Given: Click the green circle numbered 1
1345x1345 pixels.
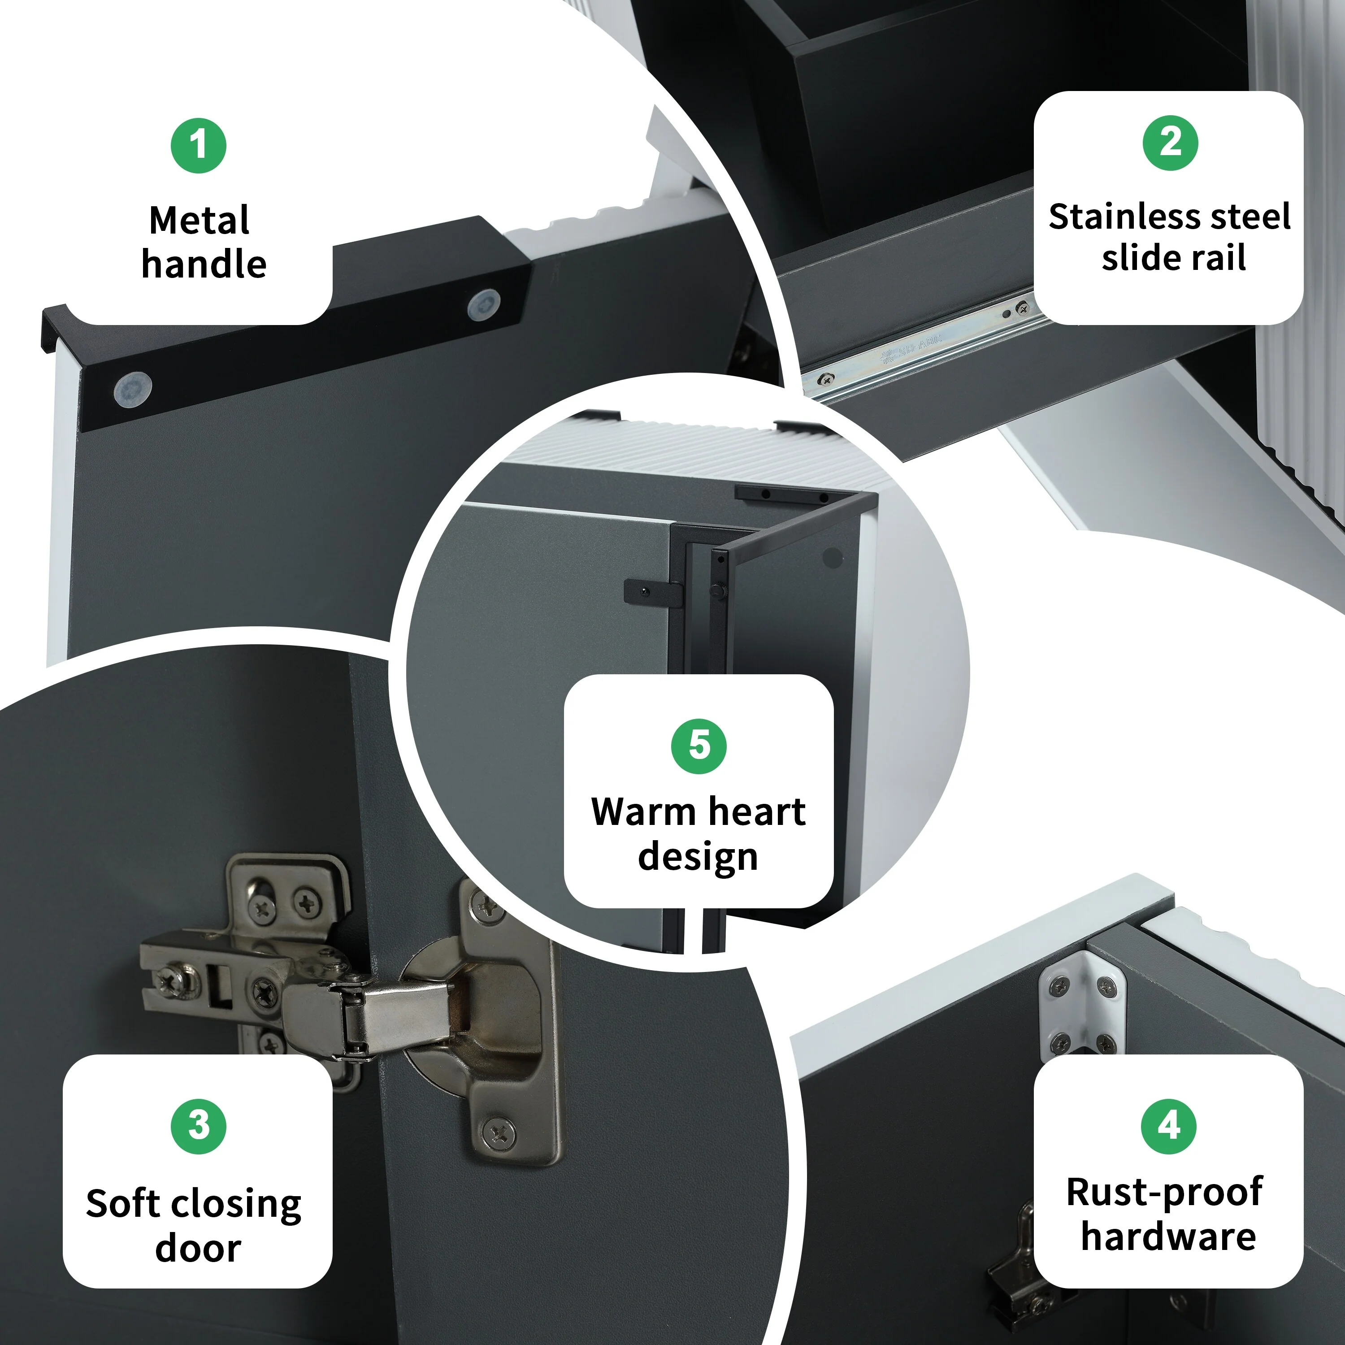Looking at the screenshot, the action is coord(199,146).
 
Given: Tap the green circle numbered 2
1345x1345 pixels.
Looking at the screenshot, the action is coord(1170,143).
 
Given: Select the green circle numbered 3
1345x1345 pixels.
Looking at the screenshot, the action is coord(199,1126).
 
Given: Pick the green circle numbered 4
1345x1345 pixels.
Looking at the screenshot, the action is coord(1169,1126).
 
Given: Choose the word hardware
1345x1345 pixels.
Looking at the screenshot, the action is coord(1169,1237).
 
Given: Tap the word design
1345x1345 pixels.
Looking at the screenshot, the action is coord(698,857).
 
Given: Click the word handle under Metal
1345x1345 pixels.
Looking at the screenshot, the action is coord(204,265).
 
